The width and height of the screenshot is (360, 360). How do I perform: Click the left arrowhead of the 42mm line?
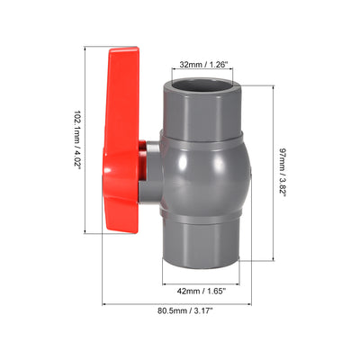(165, 283)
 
